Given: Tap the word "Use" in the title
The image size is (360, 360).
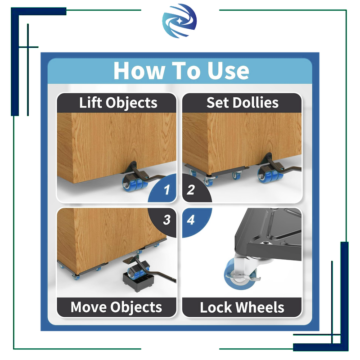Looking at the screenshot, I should coord(228,70).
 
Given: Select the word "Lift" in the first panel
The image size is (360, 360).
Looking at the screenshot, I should coord(90,103).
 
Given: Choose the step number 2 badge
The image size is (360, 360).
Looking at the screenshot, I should coord(191,189).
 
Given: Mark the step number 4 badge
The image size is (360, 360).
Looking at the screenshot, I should coord(191,220).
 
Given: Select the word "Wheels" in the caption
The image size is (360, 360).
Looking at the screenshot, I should coord(261,307).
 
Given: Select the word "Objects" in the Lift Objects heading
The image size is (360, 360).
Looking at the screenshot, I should coord(131,103).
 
